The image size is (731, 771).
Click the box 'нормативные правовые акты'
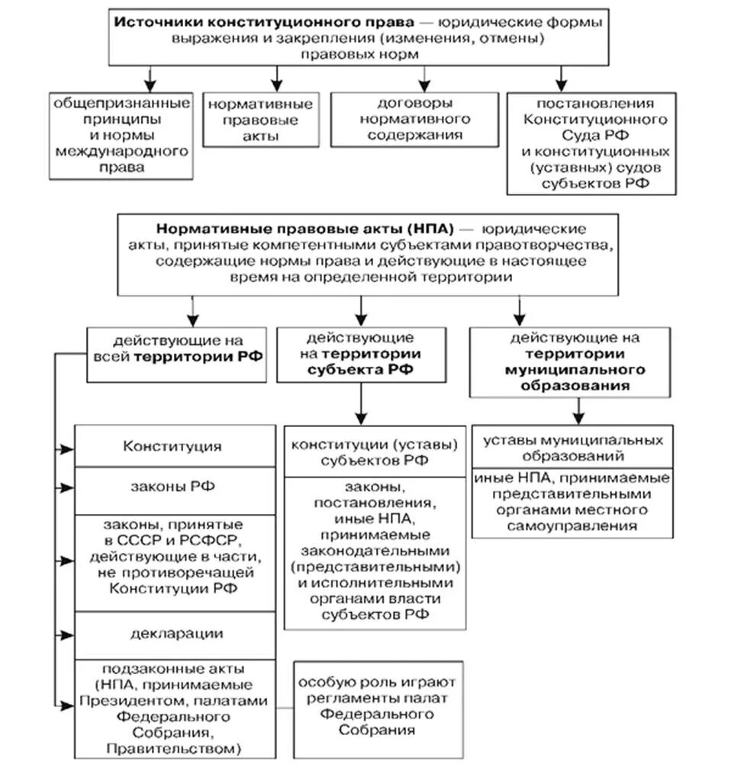point(259,120)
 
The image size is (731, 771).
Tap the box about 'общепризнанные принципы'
point(121,135)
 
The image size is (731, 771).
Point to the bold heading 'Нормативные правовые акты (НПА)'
point(304,229)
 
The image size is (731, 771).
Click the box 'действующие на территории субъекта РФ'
point(360,355)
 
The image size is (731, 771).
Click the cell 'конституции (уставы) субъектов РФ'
point(374,452)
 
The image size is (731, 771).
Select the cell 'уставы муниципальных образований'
point(573,448)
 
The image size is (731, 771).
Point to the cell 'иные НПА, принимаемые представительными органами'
point(573,502)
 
